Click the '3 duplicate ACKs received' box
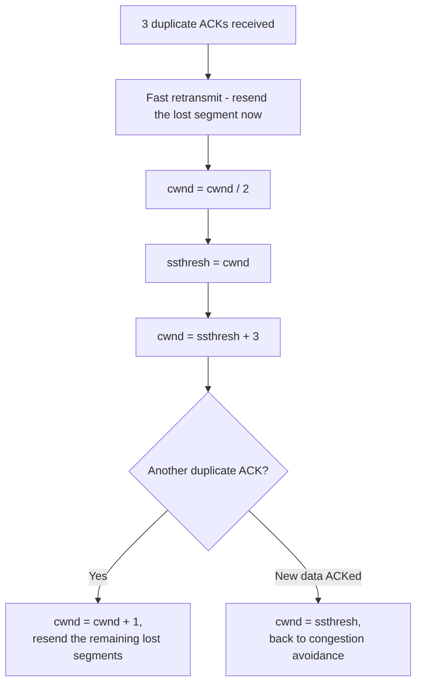(x=208, y=25)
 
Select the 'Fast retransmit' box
(x=208, y=107)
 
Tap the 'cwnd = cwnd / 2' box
(x=208, y=190)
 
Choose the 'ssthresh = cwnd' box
(x=208, y=263)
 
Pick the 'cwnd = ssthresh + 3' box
(x=208, y=337)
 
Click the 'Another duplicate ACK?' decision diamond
(x=208, y=471)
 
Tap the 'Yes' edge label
(x=98, y=576)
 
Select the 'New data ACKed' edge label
(x=318, y=576)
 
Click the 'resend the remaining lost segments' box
(x=98, y=640)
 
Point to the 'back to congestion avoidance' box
(x=318, y=640)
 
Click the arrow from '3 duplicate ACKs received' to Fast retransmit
(x=208, y=62)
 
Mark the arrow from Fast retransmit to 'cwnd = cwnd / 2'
(x=208, y=153)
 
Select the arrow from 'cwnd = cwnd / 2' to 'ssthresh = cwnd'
(x=208, y=226)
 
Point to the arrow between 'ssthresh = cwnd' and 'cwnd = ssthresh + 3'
(x=208, y=300)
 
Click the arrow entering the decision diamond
(x=208, y=374)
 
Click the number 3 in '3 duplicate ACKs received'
(x=145, y=24)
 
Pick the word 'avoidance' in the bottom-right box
(x=318, y=656)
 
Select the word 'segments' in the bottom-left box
(x=98, y=656)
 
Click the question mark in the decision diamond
(x=265, y=470)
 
